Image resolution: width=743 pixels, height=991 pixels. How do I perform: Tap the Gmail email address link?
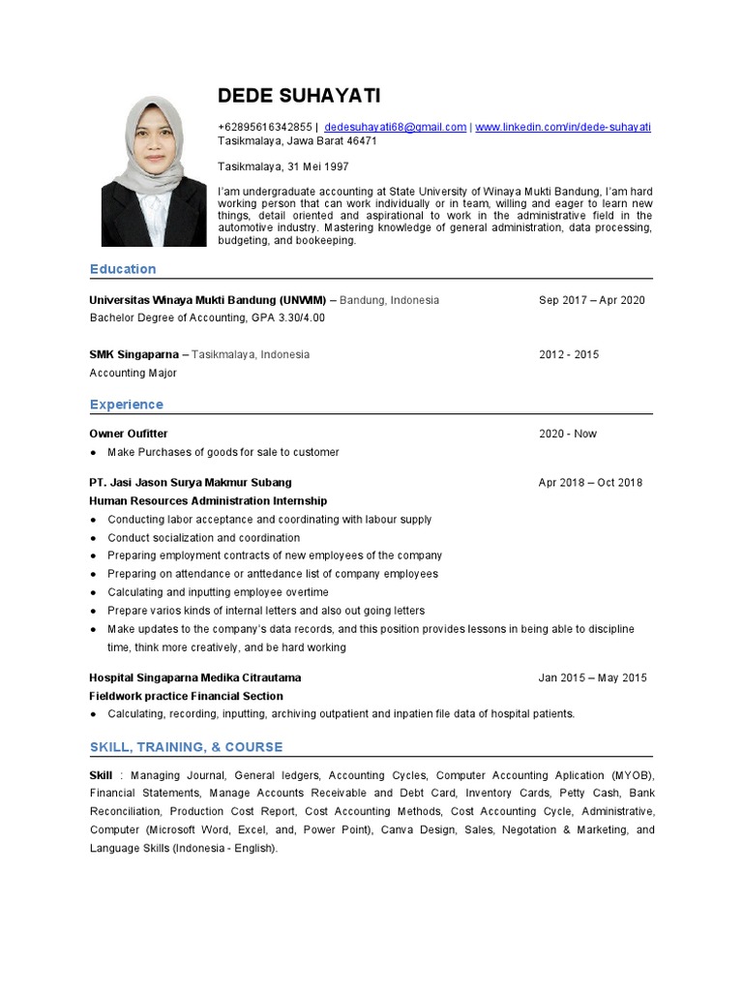tap(395, 127)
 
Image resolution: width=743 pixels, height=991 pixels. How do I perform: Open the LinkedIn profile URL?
tap(562, 127)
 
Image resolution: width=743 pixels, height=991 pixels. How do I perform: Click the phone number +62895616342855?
tap(265, 127)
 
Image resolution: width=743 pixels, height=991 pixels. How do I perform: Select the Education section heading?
tap(122, 269)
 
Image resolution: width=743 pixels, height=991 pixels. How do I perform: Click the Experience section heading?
tap(126, 405)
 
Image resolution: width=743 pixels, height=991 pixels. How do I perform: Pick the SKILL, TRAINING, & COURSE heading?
tap(186, 747)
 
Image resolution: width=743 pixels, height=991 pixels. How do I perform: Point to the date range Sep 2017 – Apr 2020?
tap(591, 300)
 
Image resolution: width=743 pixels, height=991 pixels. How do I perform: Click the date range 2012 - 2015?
tap(568, 354)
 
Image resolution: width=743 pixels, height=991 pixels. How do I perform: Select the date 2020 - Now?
tap(567, 434)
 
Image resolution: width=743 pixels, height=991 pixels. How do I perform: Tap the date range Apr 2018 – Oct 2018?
tap(590, 482)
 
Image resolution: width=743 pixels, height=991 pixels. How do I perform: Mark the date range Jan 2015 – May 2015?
tap(592, 677)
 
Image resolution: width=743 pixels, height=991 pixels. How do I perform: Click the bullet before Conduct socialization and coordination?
tap(93, 538)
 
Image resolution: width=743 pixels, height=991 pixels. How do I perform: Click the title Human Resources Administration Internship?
tap(208, 501)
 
